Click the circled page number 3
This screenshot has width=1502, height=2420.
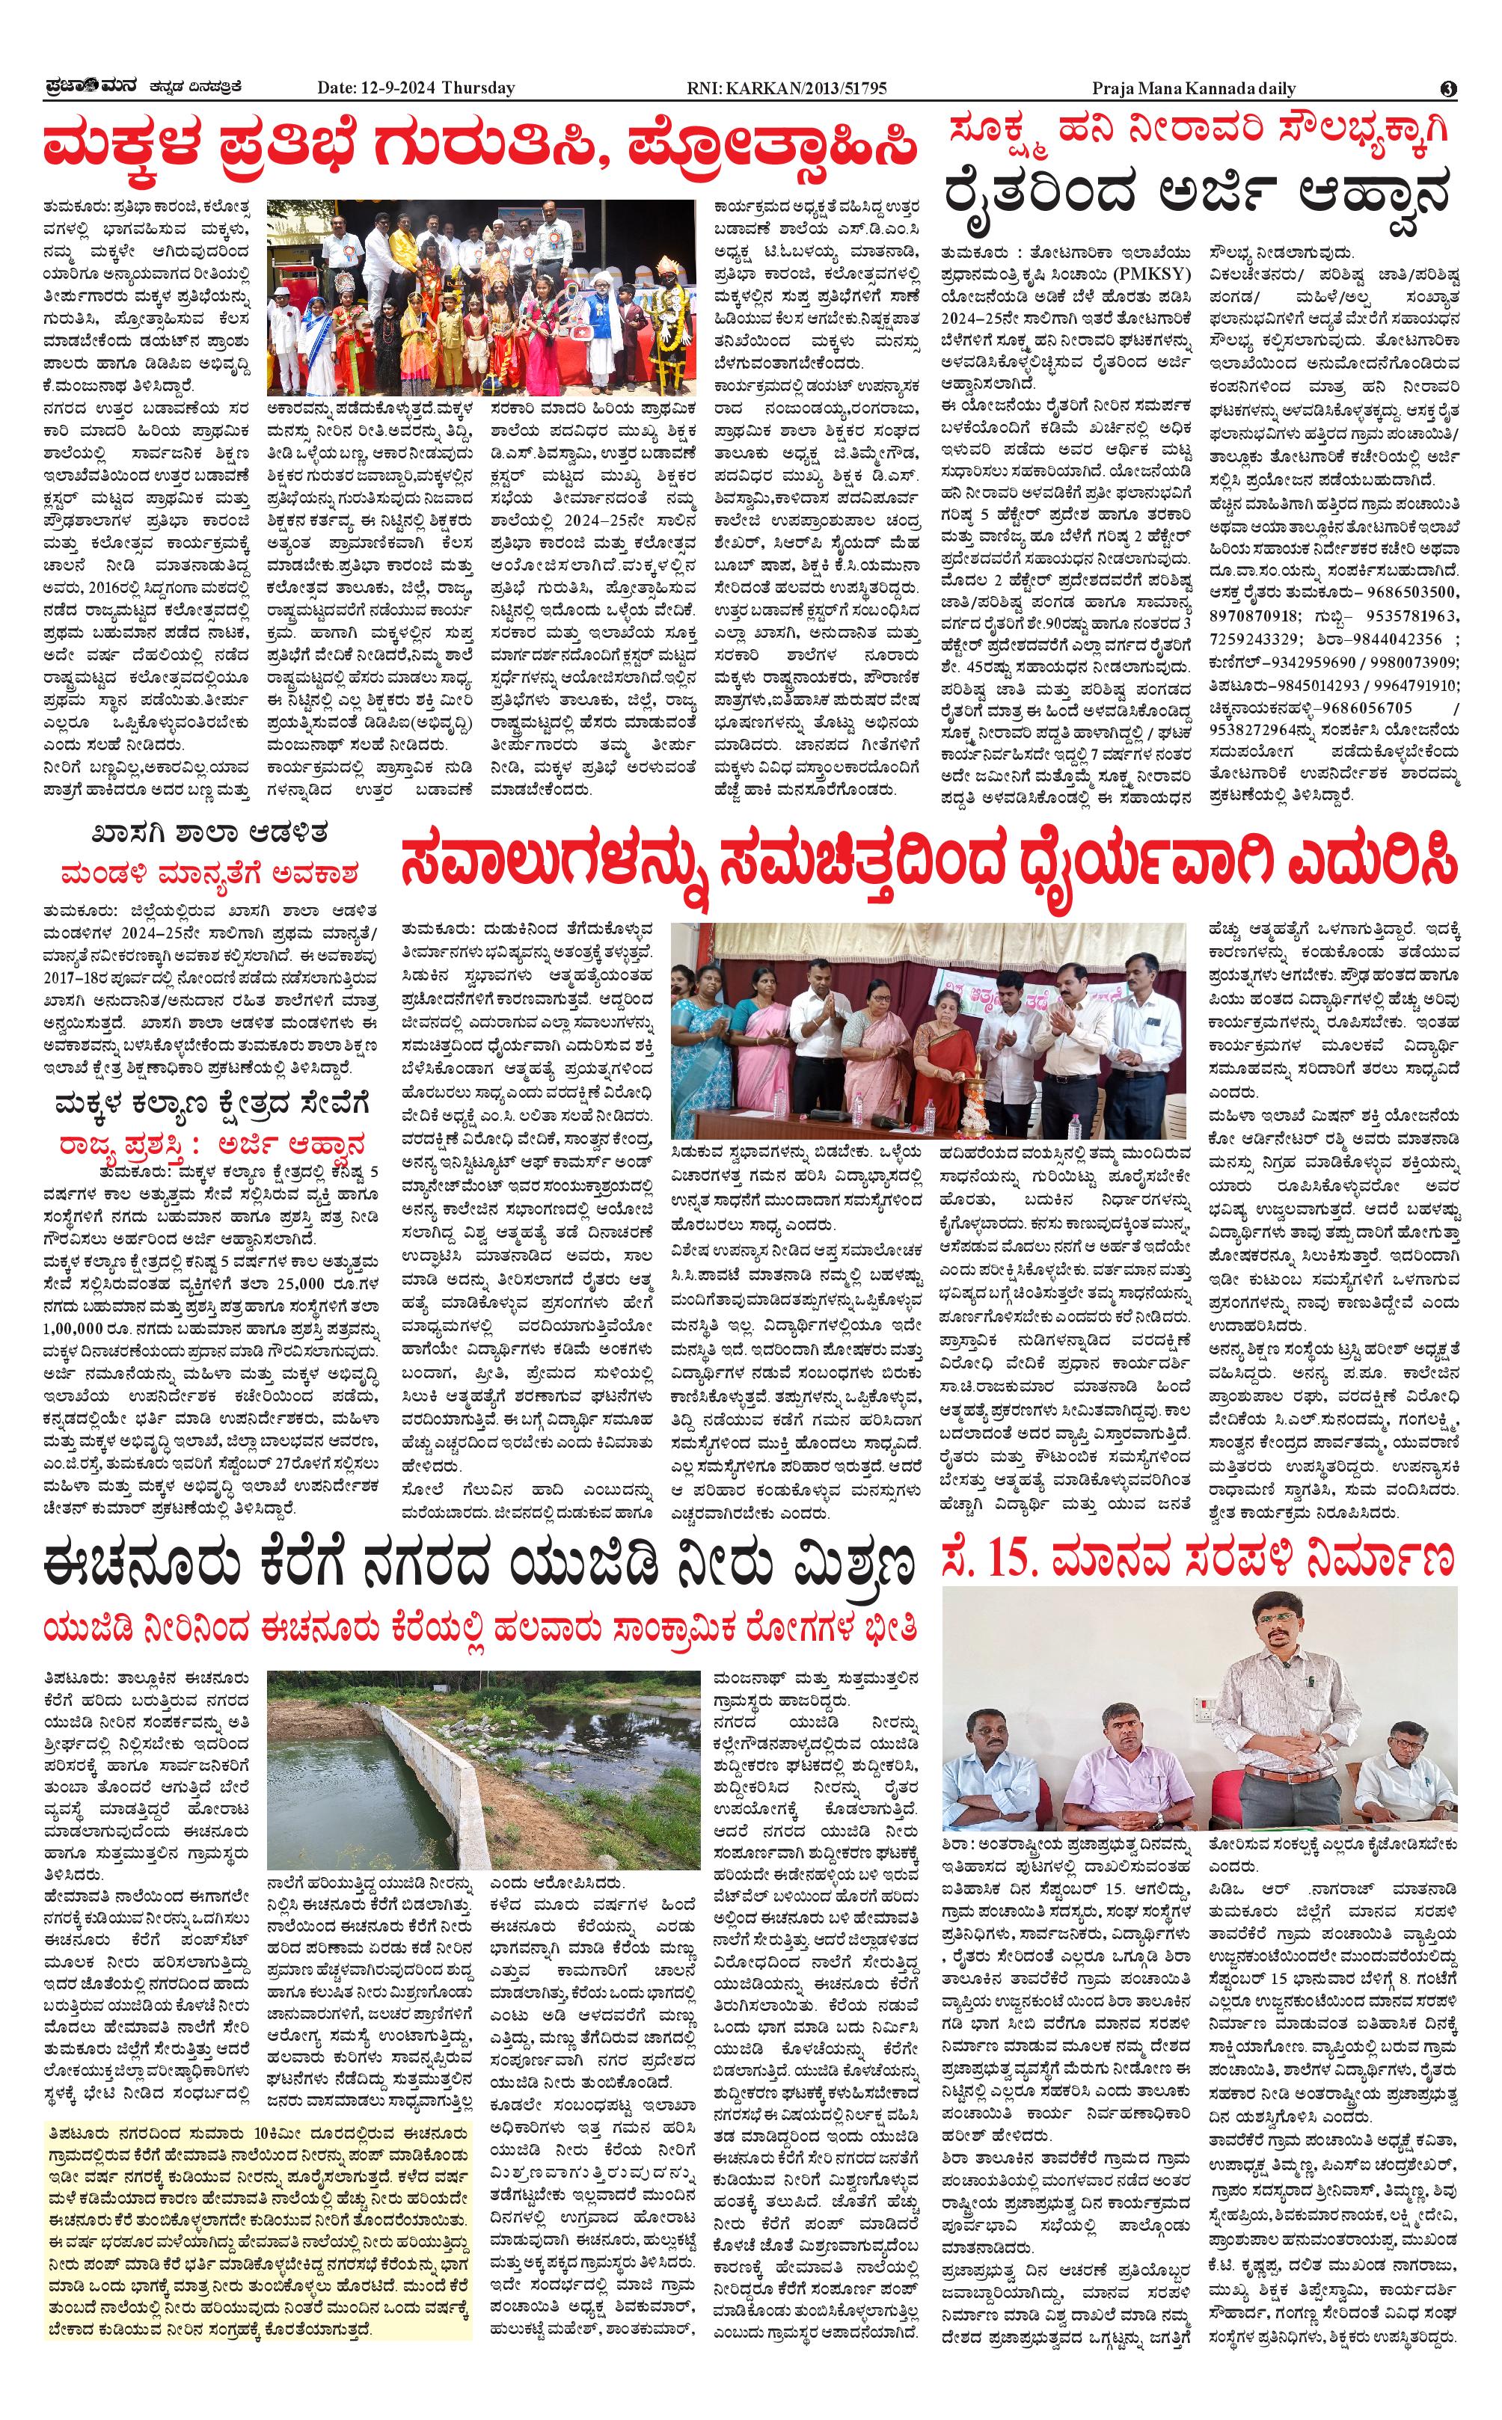1448,88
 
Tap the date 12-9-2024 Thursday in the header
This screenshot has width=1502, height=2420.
415,88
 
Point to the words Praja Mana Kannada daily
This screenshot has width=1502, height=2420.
1194,88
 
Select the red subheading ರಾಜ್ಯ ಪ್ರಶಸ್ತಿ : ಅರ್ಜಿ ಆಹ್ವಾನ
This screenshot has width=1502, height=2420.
211,1142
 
